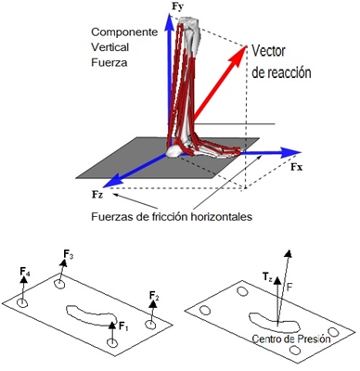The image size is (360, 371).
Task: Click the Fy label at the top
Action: (176, 8)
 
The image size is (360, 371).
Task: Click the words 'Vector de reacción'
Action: (288, 61)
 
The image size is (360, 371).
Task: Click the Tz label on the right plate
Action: (266, 276)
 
